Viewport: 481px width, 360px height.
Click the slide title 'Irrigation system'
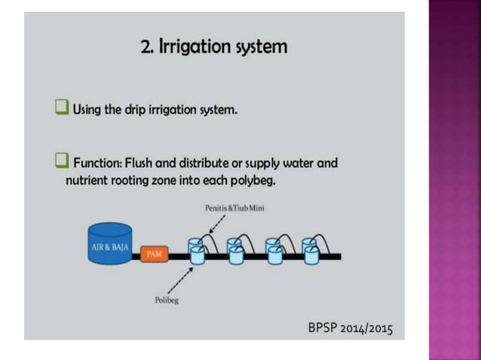223,47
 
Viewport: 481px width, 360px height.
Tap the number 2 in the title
146,47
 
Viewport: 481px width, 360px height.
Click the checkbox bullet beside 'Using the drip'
62,107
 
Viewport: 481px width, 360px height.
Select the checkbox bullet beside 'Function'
62,160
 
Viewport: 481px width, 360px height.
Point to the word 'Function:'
98,163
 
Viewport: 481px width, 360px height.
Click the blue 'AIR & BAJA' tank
110,243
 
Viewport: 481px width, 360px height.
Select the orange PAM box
155,254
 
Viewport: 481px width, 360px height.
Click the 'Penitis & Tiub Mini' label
234,208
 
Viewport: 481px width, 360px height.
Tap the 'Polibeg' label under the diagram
167,301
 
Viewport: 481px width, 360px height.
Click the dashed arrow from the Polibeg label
181,281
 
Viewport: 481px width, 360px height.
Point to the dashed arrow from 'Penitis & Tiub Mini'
217,224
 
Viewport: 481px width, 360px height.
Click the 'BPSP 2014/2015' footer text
351,328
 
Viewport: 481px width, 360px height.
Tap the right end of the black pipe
341,256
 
